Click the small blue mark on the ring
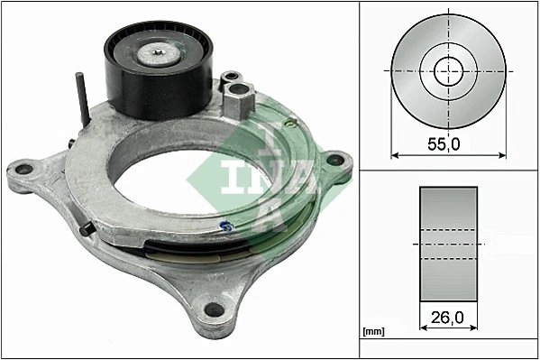point(231,226)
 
